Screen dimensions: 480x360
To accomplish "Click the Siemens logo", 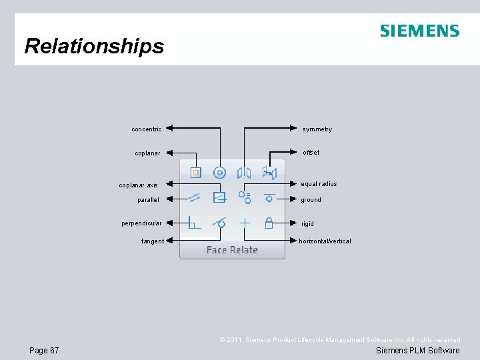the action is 419,31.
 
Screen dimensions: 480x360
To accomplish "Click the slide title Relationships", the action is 94,46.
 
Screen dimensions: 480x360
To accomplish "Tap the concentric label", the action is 147,129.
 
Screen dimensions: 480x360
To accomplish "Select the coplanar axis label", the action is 139,185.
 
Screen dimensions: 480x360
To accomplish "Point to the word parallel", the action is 148,199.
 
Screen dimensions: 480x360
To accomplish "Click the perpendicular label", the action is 141,223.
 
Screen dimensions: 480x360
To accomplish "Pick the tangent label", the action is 153,241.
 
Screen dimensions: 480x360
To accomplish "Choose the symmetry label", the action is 317,129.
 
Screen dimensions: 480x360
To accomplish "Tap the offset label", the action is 311,153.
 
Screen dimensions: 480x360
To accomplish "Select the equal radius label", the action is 319,184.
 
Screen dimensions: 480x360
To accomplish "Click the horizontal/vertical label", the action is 325,241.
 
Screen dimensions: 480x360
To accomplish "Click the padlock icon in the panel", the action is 269,223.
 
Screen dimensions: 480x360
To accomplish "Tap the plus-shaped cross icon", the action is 245,223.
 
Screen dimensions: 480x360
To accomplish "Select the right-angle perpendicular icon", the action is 194,223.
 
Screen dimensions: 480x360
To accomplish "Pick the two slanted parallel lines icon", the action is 194,197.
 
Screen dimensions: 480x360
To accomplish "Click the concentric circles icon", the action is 219,173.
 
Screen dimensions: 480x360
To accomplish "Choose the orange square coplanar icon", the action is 195,173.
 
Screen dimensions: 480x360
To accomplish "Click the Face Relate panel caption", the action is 232,250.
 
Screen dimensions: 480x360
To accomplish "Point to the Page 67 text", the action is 44,351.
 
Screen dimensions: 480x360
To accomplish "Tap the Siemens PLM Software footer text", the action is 417,351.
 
